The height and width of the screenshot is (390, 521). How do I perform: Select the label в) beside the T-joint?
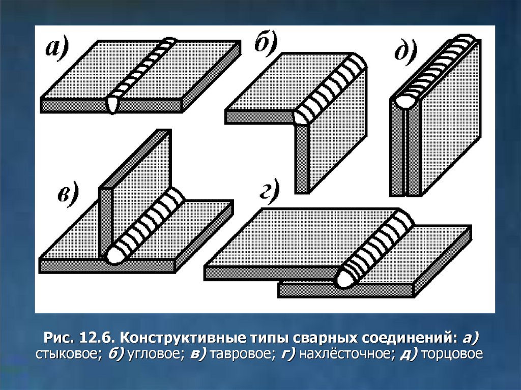[68, 193]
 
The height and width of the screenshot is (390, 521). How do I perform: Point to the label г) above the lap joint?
[269, 193]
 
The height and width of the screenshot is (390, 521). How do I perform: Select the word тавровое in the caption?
[242, 353]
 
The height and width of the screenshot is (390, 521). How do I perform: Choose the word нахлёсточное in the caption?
[344, 353]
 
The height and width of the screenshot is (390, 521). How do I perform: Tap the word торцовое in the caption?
[452, 353]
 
